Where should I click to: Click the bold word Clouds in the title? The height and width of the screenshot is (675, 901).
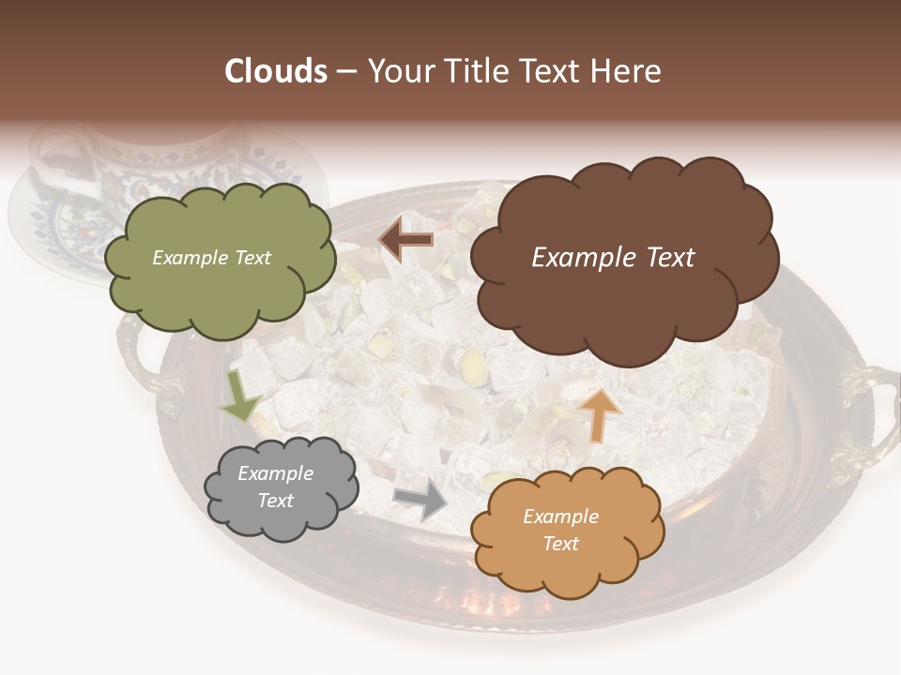point(276,70)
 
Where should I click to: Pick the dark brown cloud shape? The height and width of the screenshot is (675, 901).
point(623,258)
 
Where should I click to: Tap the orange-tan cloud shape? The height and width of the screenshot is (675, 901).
point(566,531)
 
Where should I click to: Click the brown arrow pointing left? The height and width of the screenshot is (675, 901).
point(405,240)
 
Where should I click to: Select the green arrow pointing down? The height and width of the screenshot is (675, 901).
point(239,396)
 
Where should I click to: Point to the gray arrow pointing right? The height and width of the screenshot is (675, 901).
point(420,501)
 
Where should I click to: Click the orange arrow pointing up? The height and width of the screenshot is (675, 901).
point(599,414)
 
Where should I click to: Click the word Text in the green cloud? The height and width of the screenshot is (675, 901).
point(252,258)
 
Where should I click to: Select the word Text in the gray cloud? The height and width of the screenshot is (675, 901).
point(276,501)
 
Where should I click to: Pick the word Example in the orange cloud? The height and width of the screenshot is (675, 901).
point(560,517)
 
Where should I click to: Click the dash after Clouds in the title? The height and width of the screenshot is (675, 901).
point(345,71)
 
